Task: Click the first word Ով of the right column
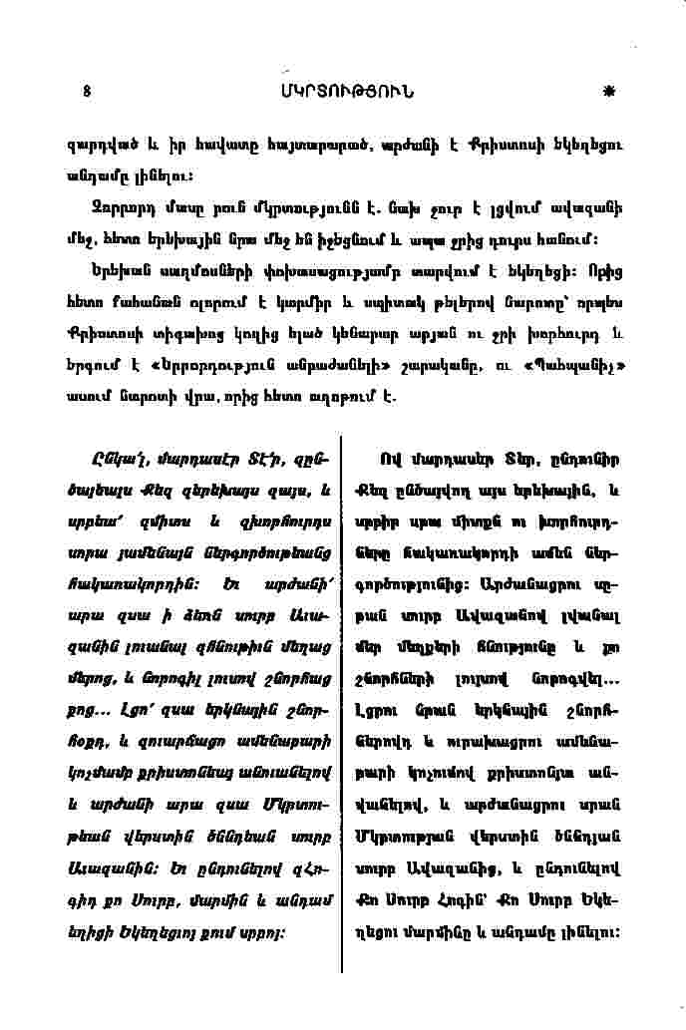[x=390, y=460]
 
